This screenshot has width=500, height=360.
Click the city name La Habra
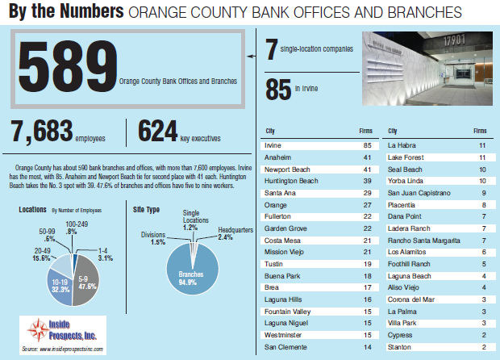point(402,144)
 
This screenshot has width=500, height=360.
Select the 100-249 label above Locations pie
point(78,224)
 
